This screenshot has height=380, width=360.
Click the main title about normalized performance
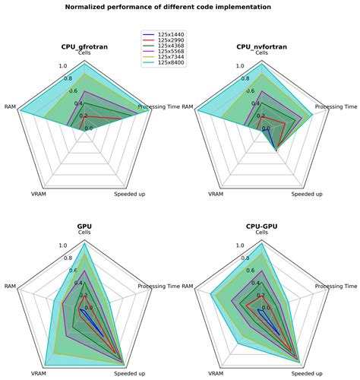tap(180, 7)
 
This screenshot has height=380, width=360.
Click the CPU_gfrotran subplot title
tap(84, 46)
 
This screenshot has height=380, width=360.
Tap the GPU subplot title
tap(84, 226)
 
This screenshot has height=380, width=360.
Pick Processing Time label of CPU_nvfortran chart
tap(335, 106)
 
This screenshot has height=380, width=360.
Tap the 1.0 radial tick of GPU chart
tap(64, 245)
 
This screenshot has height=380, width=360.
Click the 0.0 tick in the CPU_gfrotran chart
tap(88, 128)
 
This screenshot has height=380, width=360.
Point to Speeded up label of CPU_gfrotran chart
tap(131, 195)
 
